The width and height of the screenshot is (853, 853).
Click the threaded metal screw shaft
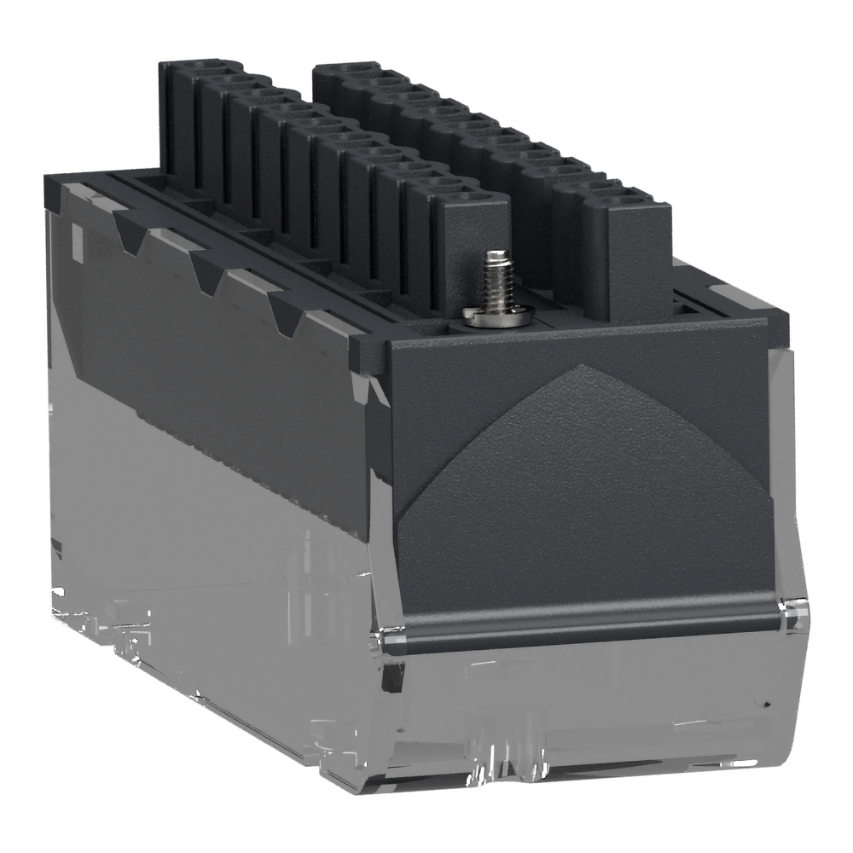coord(494,278)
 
